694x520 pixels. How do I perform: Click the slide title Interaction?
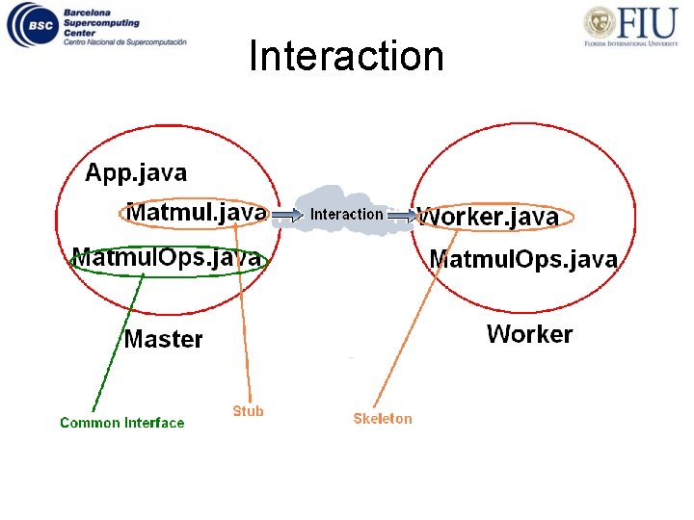[346, 56]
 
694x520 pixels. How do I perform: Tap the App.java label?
[136, 173]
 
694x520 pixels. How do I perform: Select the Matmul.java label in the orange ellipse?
[197, 212]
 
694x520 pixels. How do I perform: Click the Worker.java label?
[490, 218]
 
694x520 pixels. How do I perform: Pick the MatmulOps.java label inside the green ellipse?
[167, 258]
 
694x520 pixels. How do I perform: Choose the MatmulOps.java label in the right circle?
[523, 259]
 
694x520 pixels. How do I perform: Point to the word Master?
[163, 340]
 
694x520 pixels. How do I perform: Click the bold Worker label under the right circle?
[529, 334]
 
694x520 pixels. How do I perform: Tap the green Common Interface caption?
[121, 423]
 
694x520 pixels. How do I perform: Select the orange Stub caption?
[248, 411]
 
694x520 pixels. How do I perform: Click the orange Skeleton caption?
[382, 418]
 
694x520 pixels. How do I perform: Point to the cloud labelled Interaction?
[345, 213]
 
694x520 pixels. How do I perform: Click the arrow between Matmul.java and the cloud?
[286, 216]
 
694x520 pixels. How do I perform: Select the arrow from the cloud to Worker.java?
[403, 216]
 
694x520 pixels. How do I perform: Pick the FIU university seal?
[600, 23]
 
